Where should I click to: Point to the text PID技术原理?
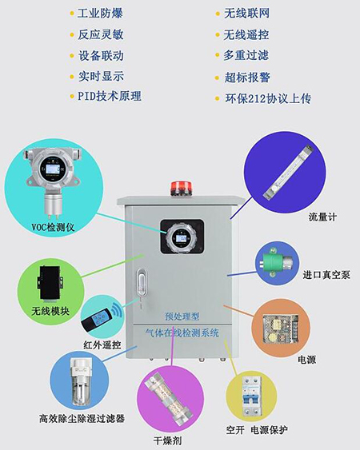pos(109,96)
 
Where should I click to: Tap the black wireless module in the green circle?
pos(50,281)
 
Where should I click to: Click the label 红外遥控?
pos(101,345)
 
